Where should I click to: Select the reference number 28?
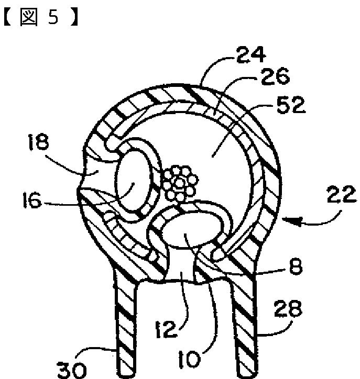point(288,311)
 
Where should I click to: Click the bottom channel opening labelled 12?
point(179,272)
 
